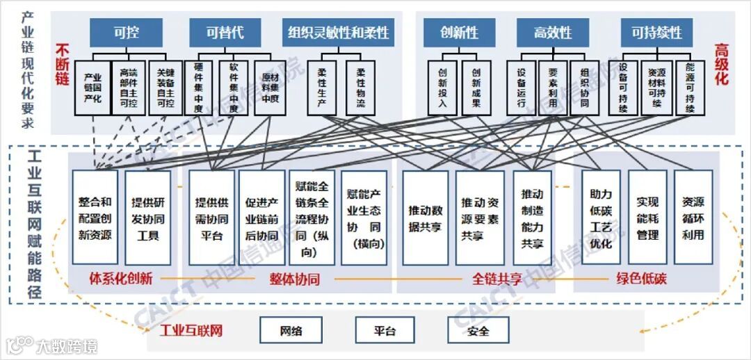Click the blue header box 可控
click(x=126, y=32)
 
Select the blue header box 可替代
click(x=225, y=32)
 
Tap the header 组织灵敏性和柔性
click(x=338, y=32)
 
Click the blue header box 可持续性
click(x=656, y=32)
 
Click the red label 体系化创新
click(x=120, y=279)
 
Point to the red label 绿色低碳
click(x=640, y=279)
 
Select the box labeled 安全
click(x=478, y=330)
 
